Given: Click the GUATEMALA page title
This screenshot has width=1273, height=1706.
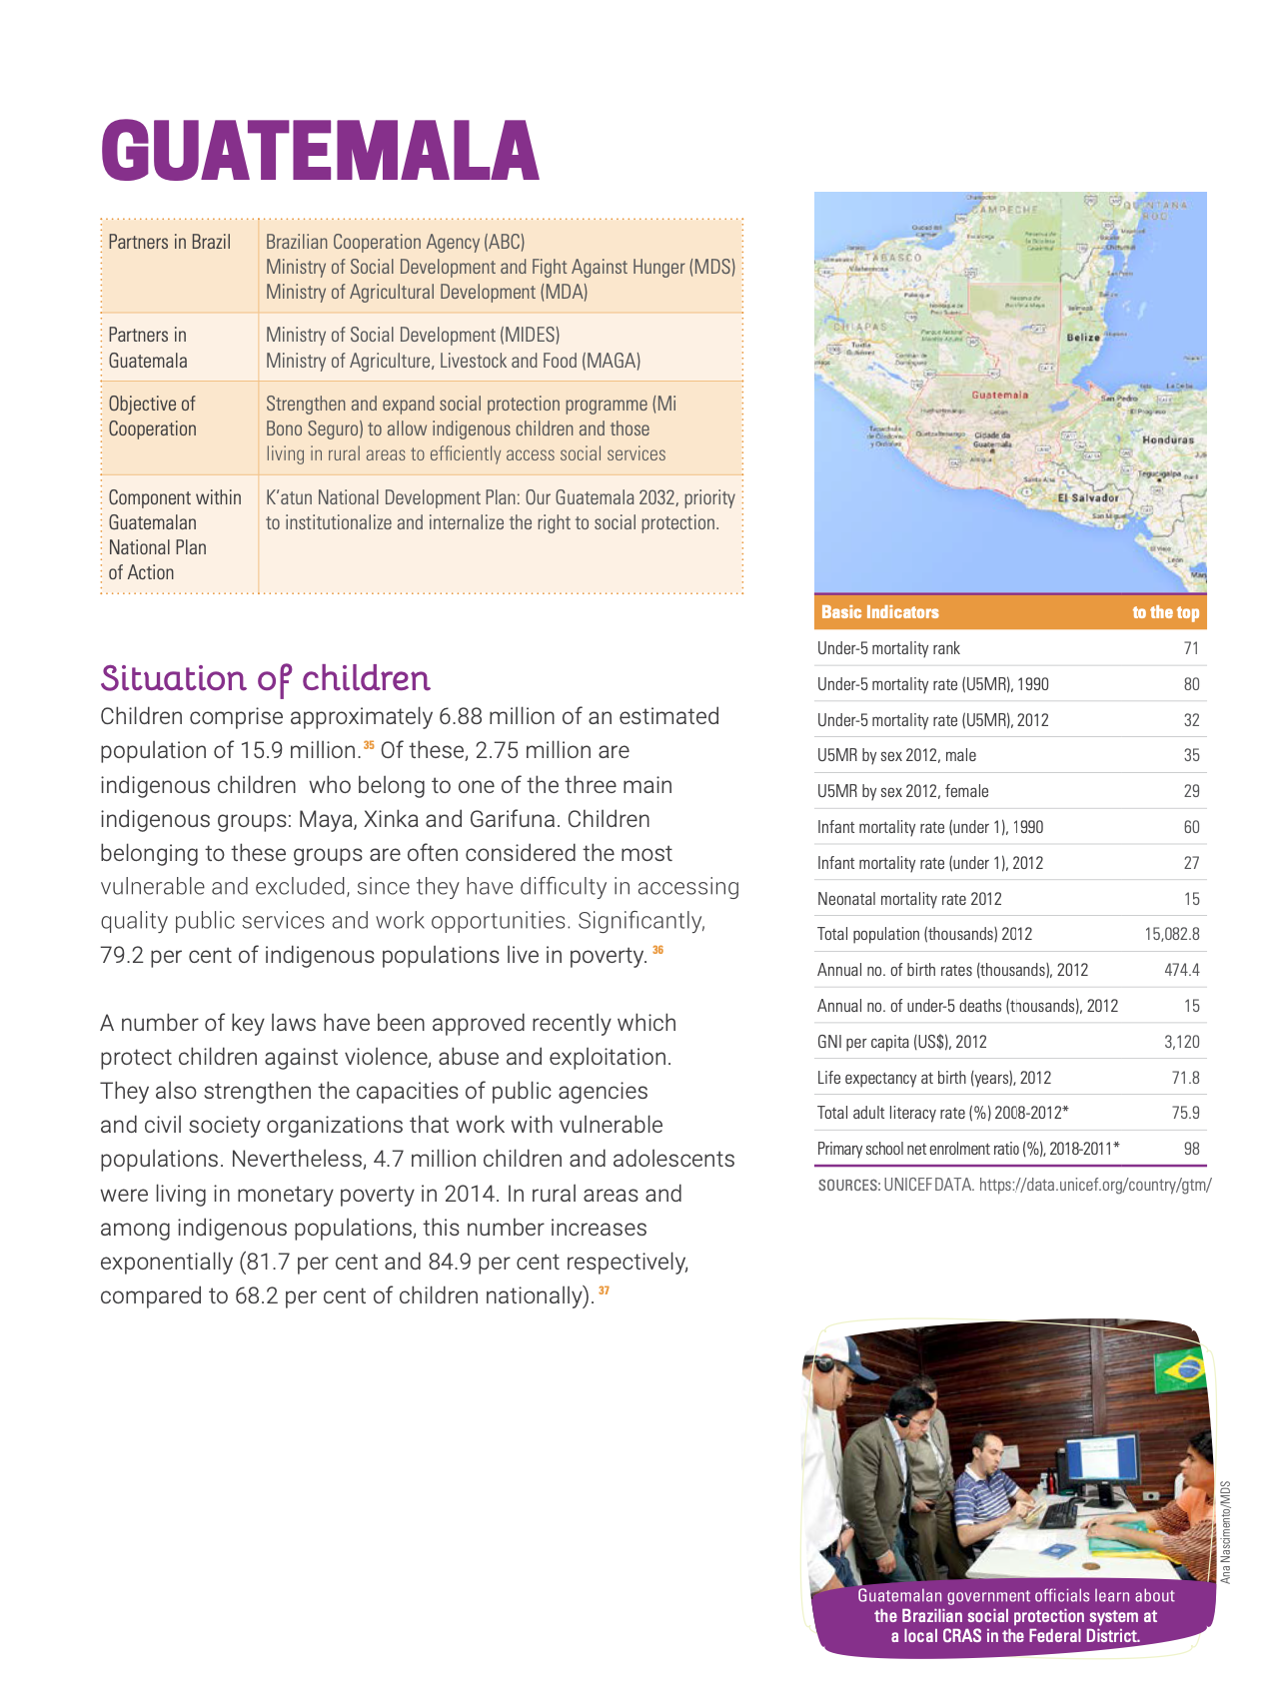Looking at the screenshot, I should click(320, 152).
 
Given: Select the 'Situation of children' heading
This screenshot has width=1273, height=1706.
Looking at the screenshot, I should click(265, 678).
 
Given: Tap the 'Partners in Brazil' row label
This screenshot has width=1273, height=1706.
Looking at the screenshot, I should click(169, 242).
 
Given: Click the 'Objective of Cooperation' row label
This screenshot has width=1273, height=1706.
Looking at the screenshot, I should click(153, 417).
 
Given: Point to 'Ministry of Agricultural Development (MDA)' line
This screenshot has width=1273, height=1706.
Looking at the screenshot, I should click(427, 292).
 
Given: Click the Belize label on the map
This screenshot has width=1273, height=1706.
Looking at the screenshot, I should click(1083, 338).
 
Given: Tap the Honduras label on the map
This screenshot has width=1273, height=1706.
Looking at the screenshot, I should click(1167, 439).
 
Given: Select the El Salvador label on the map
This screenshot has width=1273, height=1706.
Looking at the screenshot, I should click(1088, 497).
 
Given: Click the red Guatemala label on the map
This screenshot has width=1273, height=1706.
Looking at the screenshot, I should click(999, 395).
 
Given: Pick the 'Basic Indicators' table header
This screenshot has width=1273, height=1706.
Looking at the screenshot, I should click(879, 612).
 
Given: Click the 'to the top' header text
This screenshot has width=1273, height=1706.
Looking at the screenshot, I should click(1165, 612).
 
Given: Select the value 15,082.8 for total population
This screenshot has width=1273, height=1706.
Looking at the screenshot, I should click(1172, 934).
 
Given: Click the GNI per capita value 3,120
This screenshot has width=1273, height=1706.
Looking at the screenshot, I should click(1182, 1042).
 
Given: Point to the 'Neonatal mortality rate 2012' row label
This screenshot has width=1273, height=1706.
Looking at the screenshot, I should click(909, 899).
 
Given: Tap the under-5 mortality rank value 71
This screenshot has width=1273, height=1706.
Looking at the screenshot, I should click(1191, 648).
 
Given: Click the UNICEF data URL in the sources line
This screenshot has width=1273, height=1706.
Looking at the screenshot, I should click(1095, 1185).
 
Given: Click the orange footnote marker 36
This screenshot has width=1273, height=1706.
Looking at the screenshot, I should click(657, 949).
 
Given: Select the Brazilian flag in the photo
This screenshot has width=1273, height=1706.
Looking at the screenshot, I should click(1179, 1372).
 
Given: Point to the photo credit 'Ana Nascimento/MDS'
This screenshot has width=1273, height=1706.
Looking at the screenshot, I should click(1226, 1531).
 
